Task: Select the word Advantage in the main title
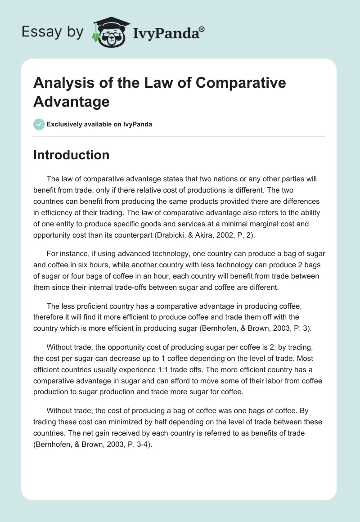tap(71, 101)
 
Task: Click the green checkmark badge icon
tap(39, 124)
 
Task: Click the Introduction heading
tap(71, 155)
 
